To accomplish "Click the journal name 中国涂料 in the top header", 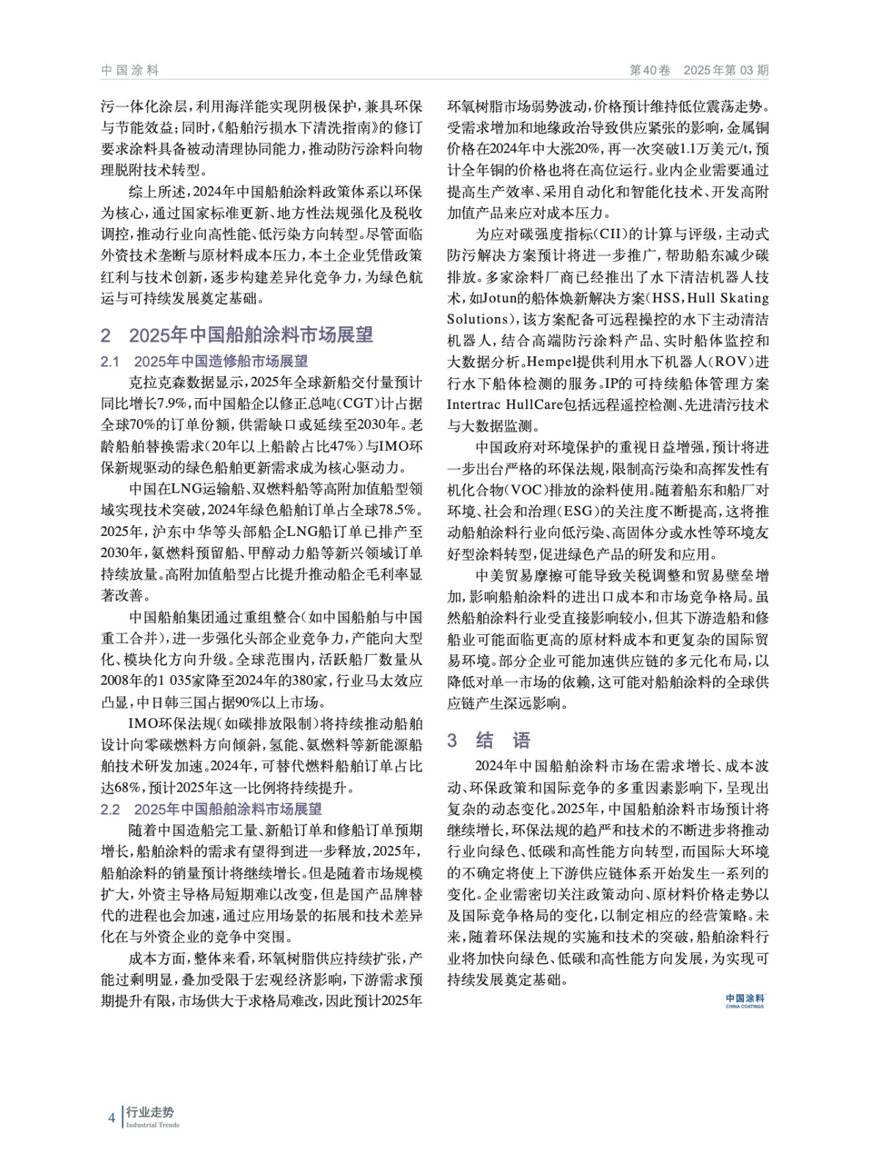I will [130, 70].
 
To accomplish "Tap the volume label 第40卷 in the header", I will [650, 70].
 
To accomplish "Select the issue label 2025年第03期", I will [726, 70].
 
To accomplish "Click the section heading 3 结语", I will [489, 740].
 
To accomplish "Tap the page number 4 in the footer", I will [111, 1118].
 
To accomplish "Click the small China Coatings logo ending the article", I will [745, 1001].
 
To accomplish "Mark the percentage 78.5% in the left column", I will [399, 510].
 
